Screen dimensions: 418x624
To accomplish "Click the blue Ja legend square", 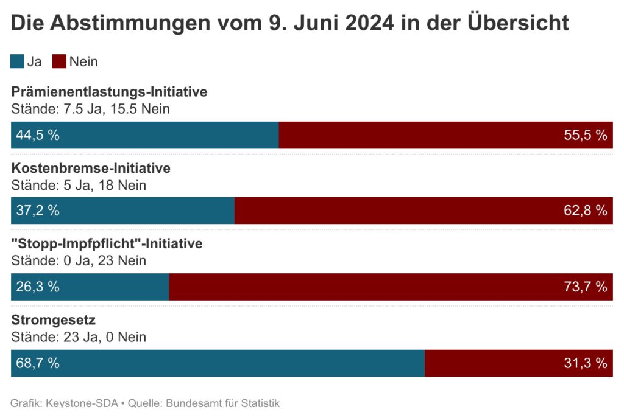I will (18, 61).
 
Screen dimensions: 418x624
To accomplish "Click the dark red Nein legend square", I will (59, 61).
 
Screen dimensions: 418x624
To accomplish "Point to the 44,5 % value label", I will (38, 135).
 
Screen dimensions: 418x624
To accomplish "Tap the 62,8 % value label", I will (586, 211).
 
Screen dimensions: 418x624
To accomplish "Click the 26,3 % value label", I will (38, 287).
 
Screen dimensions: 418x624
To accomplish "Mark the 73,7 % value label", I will (586, 287).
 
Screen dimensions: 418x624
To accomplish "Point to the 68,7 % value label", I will (38, 363).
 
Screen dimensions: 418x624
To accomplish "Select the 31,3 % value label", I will (586, 363).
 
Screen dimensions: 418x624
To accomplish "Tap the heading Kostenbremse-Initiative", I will (91, 169).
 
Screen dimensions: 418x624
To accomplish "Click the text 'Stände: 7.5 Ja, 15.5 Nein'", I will (90, 109).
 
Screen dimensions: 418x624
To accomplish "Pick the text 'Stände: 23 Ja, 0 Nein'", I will (79, 337).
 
